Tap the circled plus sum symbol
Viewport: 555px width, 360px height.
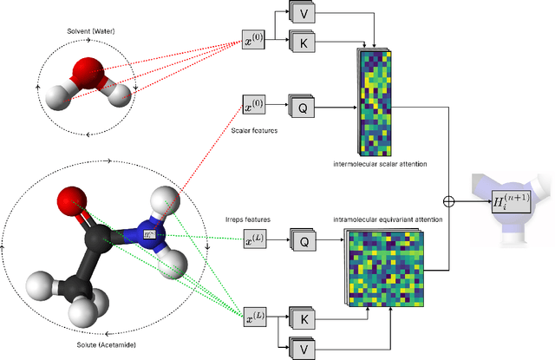[x=448, y=201]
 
